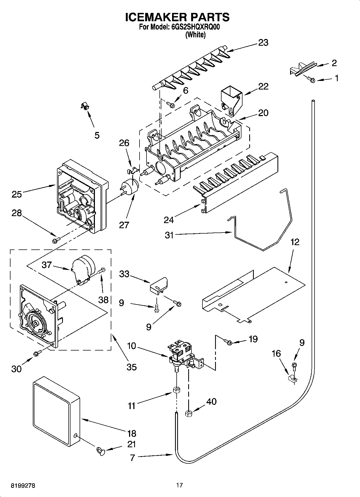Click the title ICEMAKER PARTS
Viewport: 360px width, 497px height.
click(177, 17)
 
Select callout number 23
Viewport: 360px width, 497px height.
click(263, 43)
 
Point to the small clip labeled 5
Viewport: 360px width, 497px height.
click(85, 106)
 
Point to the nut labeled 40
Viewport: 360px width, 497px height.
click(188, 413)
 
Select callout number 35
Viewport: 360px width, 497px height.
click(131, 367)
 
